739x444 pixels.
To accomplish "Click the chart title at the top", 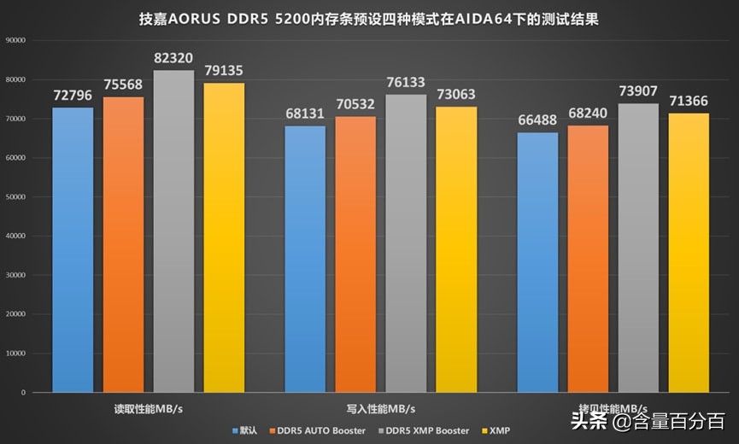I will point(369,19).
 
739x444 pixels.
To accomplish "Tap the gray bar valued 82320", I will point(173,231).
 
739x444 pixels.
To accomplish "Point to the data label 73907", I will point(638,92).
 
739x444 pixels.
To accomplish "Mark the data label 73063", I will point(456,96).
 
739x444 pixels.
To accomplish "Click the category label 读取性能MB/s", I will point(148,408).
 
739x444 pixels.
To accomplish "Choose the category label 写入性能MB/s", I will point(380,408).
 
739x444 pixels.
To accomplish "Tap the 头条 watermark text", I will point(589,421).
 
